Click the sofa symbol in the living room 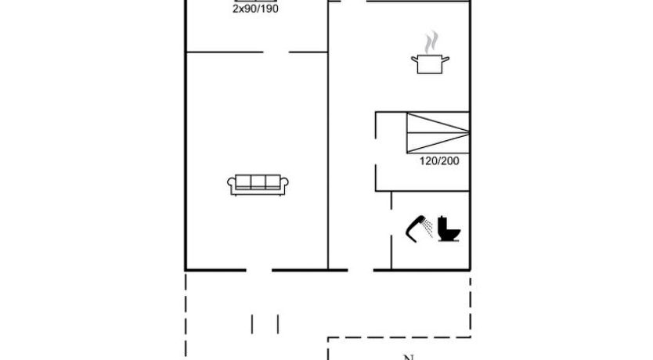(x=258, y=185)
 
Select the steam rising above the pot (x=431, y=42)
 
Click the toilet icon (x=449, y=229)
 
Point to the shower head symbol (x=415, y=228)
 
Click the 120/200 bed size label (x=439, y=161)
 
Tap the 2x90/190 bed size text (x=255, y=9)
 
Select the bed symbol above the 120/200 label (x=438, y=133)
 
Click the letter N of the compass (x=409, y=357)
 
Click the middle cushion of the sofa (x=258, y=182)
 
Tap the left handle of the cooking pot (x=414, y=59)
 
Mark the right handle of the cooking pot (x=446, y=59)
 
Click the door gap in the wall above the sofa (x=276, y=52)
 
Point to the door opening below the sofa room (x=259, y=270)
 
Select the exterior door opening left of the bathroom (x=361, y=270)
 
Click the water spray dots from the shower (x=428, y=229)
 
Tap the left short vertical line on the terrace (x=252, y=324)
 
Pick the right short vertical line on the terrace (x=278, y=324)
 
